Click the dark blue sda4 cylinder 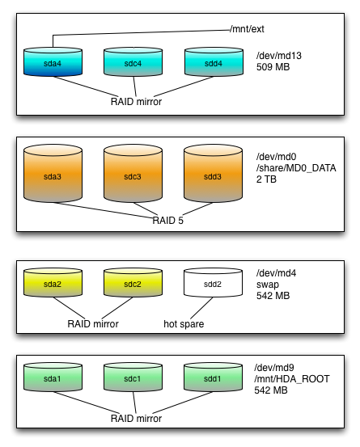point(53,62)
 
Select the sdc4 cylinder point(133,62)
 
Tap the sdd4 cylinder point(214,62)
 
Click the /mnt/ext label point(248,29)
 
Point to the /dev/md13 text point(279,56)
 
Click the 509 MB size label point(273,67)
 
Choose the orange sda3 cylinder point(53,173)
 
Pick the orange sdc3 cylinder point(133,173)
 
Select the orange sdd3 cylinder point(213,173)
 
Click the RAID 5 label point(167,221)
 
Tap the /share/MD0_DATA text point(296,168)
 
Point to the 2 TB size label point(266,179)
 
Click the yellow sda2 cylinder point(53,282)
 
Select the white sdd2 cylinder point(213,282)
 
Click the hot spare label point(184,324)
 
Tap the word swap point(268,285)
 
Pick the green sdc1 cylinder point(133,377)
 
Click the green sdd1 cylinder point(213,377)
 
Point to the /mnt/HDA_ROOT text point(292,379)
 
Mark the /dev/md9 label point(274,368)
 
